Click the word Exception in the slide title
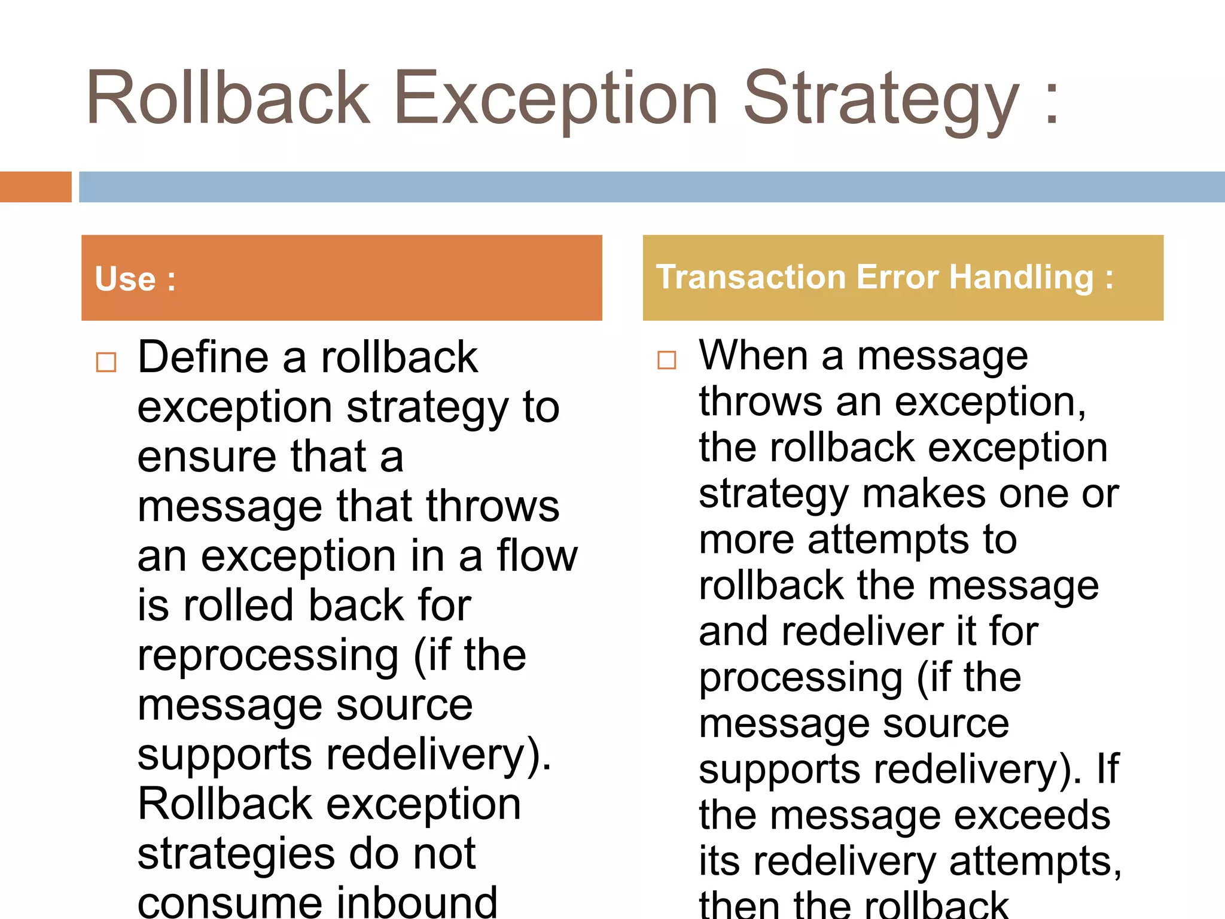555,99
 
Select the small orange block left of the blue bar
35,187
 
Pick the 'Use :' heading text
135,279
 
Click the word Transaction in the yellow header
751,277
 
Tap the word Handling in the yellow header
1021,277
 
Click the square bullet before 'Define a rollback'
106,362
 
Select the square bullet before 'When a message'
666,360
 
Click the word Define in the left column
203,357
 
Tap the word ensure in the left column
207,457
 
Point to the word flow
537,556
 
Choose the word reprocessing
267,656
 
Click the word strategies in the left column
236,854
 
